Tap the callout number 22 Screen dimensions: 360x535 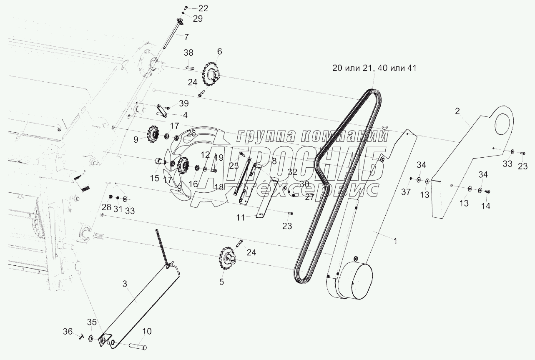tap(203, 8)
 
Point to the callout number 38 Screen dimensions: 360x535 tap(188, 53)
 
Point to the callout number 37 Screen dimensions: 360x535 tap(406, 192)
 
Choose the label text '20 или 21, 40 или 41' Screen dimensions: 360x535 tap(374, 68)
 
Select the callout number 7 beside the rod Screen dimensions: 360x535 tap(186, 37)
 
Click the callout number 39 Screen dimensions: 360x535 tap(183, 103)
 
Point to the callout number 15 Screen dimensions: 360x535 tap(155, 178)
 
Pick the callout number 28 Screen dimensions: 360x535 tap(107, 207)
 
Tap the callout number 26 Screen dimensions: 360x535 tap(191, 133)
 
